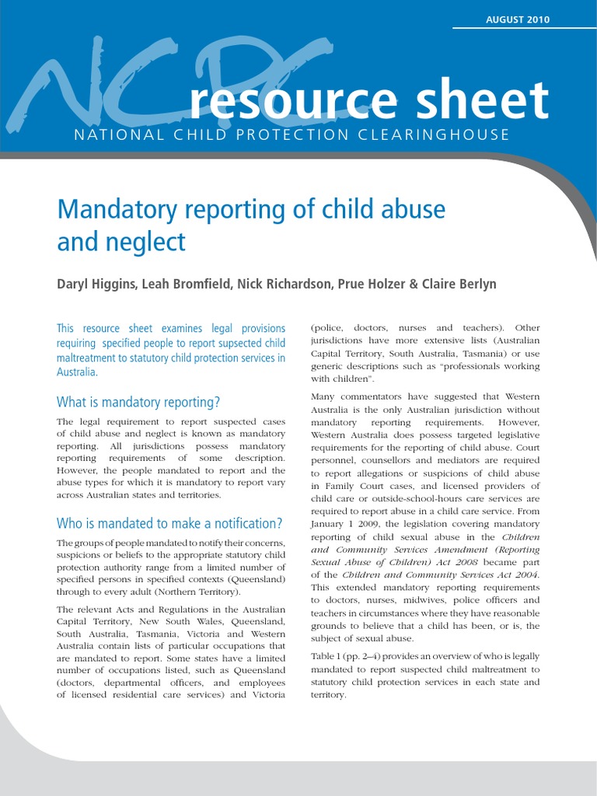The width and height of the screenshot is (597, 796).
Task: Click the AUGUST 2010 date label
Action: point(517,20)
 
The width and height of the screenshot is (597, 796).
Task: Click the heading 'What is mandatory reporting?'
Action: point(138,402)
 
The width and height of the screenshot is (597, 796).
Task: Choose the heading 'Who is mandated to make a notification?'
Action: point(169,523)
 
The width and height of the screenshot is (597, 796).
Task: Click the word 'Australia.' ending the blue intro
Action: point(77,372)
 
